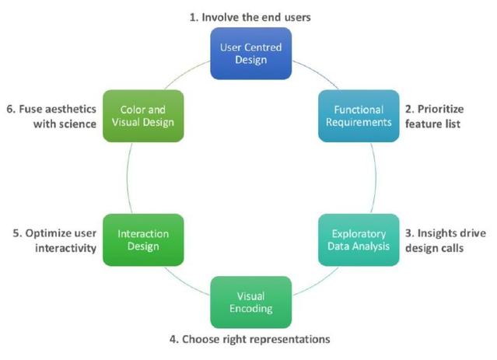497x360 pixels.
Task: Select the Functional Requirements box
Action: pyautogui.click(x=354, y=115)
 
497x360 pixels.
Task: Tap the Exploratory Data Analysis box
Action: pyautogui.click(x=354, y=239)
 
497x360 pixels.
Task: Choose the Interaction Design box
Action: pyautogui.click(x=144, y=239)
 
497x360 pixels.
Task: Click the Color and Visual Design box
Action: pyautogui.click(x=144, y=115)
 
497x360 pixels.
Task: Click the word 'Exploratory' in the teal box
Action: pyautogui.click(x=354, y=232)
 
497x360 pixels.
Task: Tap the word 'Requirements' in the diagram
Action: pyautogui.click(x=354, y=122)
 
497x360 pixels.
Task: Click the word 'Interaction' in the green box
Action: pyautogui.click(x=144, y=232)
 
